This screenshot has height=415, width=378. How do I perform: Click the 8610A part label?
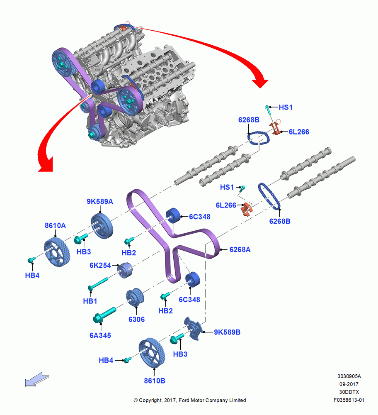55,225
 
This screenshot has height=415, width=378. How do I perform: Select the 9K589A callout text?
100,202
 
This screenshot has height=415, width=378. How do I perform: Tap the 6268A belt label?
240,249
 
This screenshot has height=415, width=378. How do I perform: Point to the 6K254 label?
100,265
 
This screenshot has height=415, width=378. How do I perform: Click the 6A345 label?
100,335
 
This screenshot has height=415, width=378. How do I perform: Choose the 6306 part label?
136,320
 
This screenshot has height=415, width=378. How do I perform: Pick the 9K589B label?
227,332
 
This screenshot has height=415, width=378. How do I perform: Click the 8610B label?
154,381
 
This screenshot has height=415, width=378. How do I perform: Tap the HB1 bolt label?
90,301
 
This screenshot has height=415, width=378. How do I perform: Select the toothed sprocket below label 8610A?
57,252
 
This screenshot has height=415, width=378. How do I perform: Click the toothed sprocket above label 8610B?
152,353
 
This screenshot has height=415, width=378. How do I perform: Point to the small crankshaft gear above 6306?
135,297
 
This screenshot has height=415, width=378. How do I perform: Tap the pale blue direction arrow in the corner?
37,380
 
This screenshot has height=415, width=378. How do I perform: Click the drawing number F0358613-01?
349,400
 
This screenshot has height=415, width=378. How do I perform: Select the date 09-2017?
349,384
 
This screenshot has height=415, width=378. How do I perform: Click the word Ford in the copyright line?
184,400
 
